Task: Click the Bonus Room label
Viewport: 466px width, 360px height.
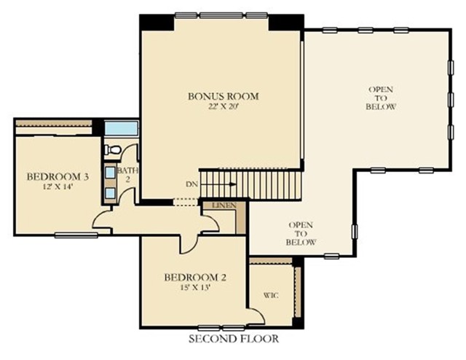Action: (x=224, y=96)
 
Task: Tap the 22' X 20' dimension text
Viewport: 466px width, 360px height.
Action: (x=224, y=106)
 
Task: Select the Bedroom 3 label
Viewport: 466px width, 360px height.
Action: (x=58, y=177)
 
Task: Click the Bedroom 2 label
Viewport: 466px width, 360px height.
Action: (x=195, y=278)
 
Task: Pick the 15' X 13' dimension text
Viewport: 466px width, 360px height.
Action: (x=196, y=288)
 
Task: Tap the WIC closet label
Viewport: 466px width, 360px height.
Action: (x=271, y=295)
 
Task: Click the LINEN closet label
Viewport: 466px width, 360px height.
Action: (x=224, y=206)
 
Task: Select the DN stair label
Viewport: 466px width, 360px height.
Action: (x=191, y=184)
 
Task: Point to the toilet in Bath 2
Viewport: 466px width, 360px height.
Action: (x=112, y=149)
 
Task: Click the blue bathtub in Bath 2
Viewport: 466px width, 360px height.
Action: (x=121, y=128)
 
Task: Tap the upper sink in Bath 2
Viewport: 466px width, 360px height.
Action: (x=111, y=172)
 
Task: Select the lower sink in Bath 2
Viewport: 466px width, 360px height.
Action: (x=111, y=193)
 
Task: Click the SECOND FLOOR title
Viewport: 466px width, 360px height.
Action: (x=234, y=339)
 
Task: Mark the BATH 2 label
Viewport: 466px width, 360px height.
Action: (x=128, y=175)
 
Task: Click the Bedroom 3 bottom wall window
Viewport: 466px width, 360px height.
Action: (x=76, y=235)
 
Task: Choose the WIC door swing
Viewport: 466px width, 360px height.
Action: (x=256, y=316)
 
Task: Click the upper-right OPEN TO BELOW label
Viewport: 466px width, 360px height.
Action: (x=381, y=98)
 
